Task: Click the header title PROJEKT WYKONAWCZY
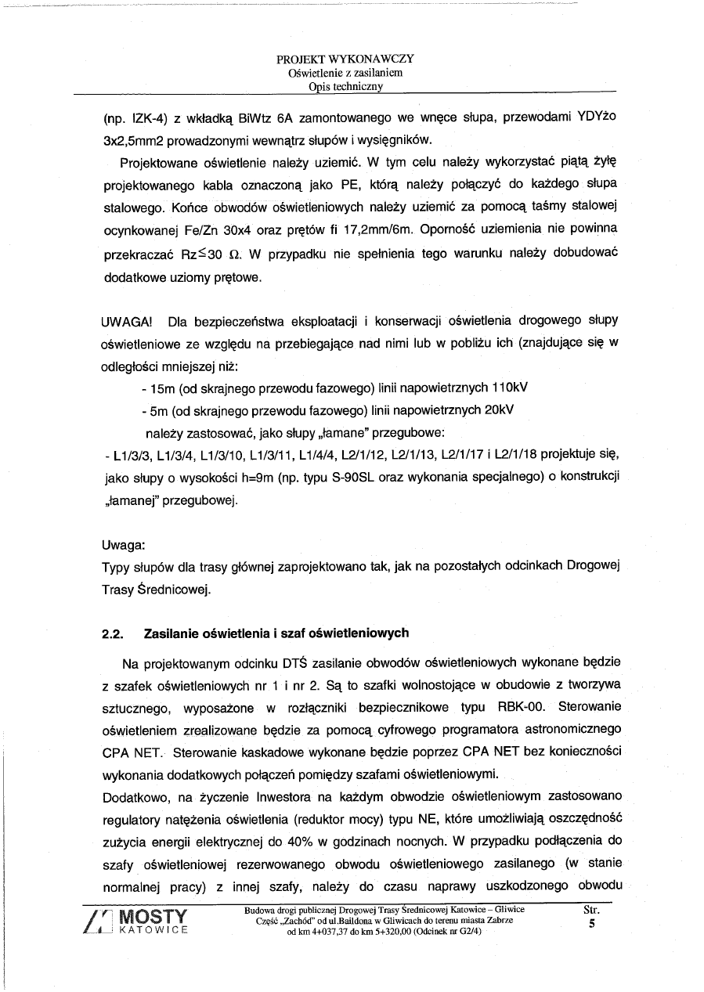[345, 59]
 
